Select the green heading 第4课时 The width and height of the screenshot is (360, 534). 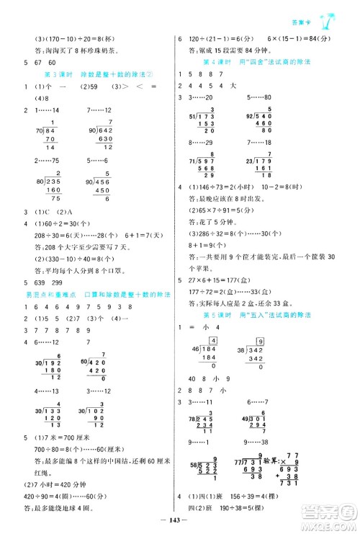pyautogui.click(x=217, y=61)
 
